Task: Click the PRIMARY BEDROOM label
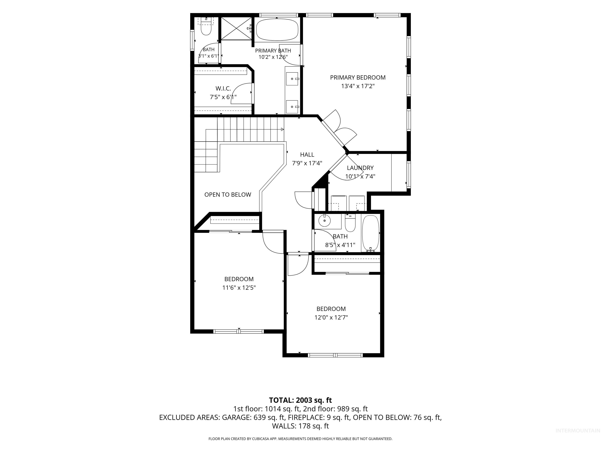pyautogui.click(x=358, y=78)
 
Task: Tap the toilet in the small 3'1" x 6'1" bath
pyautogui.click(x=206, y=29)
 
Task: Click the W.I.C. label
pyautogui.click(x=223, y=88)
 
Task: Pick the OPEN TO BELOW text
pyautogui.click(x=228, y=195)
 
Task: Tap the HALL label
pyautogui.click(x=307, y=155)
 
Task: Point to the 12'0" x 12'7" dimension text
pyautogui.click(x=331, y=317)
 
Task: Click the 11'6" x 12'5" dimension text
pyautogui.click(x=239, y=287)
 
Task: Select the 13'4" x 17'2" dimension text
pyautogui.click(x=358, y=86)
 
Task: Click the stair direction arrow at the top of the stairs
pyautogui.click(x=282, y=129)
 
